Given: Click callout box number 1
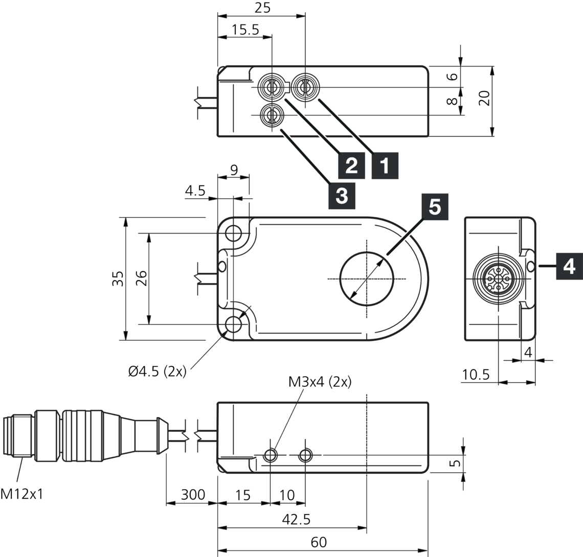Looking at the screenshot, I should tap(385, 165).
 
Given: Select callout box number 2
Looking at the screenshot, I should tap(351, 165).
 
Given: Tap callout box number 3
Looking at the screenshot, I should tap(342, 195).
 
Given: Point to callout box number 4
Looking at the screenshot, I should tap(569, 266).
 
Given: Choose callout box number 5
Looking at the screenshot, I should tap(434, 207).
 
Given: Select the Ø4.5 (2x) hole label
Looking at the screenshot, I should tap(157, 372).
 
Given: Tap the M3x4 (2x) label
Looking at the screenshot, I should tap(320, 382).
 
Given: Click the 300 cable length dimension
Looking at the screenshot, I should tap(192, 494).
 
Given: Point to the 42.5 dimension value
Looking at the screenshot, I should tap(296, 519).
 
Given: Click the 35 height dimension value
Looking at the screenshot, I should tap(118, 278).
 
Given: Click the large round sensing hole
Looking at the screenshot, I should tap(367, 278).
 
